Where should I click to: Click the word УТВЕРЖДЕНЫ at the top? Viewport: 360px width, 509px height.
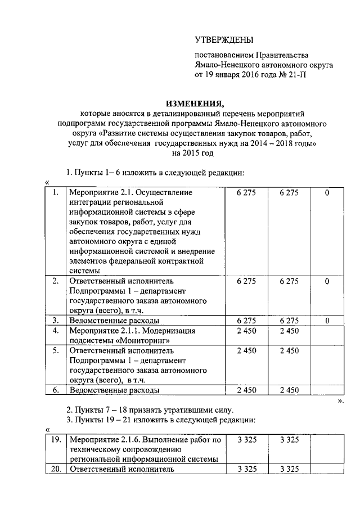pyautogui.click(x=224, y=39)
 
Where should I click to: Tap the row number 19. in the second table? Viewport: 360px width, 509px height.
pyautogui.click(x=55, y=439)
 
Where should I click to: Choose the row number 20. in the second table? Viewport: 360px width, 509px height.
pyautogui.click(x=55, y=469)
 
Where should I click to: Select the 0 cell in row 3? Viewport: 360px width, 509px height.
pyautogui.click(x=327, y=321)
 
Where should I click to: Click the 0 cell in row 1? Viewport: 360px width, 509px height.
pyautogui.click(x=327, y=193)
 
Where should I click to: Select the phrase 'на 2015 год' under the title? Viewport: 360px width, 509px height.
pyautogui.click(x=193, y=153)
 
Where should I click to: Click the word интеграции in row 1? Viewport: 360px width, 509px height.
pyautogui.click(x=89, y=202)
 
